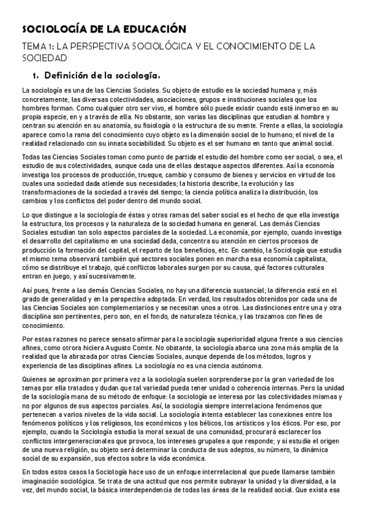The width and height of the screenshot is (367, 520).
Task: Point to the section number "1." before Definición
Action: click(x=36, y=75)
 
